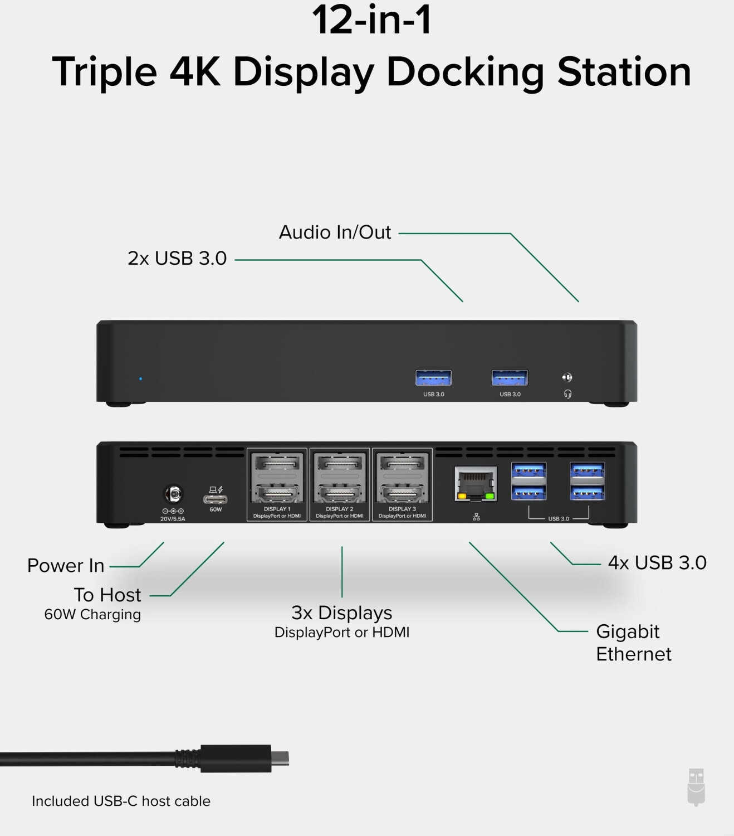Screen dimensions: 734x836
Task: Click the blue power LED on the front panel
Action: point(140,378)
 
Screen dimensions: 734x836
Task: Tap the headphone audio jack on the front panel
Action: point(567,377)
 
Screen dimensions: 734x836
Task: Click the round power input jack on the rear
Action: point(173,494)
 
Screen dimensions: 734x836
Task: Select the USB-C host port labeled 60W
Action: point(216,499)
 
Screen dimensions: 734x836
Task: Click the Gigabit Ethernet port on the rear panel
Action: point(476,484)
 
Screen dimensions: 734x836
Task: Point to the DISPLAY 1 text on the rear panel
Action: point(277,509)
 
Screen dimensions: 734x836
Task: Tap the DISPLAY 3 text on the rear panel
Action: point(402,509)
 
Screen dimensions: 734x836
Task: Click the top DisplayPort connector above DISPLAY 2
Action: point(339,462)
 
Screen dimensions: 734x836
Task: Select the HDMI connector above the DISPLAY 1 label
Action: point(277,493)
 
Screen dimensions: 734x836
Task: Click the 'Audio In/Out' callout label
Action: point(335,232)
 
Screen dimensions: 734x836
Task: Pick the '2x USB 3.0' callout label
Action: point(177,258)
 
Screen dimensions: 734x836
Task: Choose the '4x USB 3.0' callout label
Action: point(657,562)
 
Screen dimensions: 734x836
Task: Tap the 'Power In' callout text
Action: point(66,565)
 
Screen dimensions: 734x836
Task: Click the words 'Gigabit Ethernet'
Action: point(634,643)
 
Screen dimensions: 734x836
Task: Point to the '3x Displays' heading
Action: point(342,613)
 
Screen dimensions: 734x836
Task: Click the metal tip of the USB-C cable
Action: point(280,759)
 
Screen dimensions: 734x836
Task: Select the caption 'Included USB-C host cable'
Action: point(121,801)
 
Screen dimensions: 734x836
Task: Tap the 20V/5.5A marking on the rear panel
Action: point(173,519)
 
